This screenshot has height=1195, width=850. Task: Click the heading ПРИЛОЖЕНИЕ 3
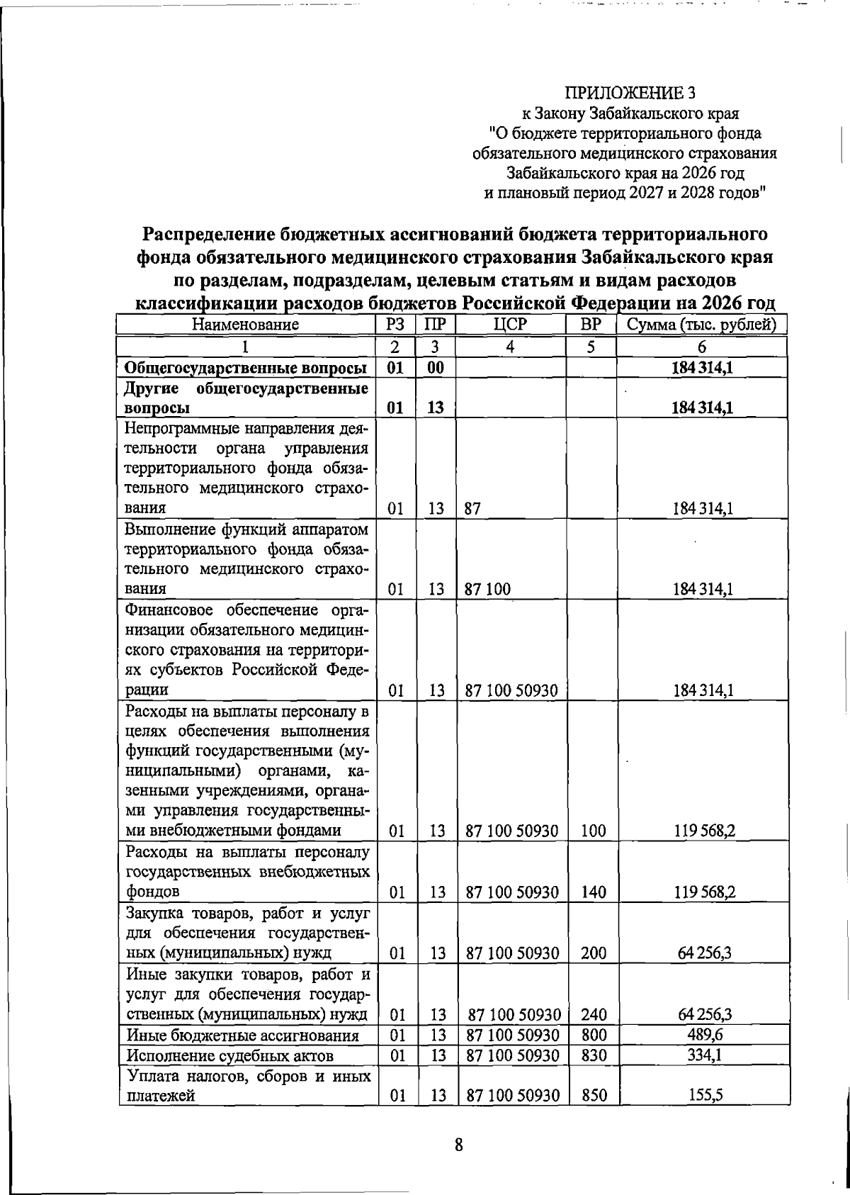click(630, 93)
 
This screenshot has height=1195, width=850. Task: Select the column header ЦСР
click(511, 325)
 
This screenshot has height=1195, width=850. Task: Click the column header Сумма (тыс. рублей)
click(702, 325)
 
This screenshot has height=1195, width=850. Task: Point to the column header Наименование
click(245, 325)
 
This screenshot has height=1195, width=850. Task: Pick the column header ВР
click(591, 325)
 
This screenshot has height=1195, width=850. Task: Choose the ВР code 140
click(594, 892)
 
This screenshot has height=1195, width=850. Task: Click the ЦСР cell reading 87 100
click(487, 589)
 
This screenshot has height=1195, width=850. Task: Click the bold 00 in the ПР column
click(435, 368)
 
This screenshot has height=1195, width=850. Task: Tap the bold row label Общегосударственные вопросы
click(245, 368)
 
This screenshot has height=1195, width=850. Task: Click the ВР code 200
click(594, 953)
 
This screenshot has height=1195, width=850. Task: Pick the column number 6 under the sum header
click(702, 347)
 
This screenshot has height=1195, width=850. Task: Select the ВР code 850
click(594, 1116)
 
